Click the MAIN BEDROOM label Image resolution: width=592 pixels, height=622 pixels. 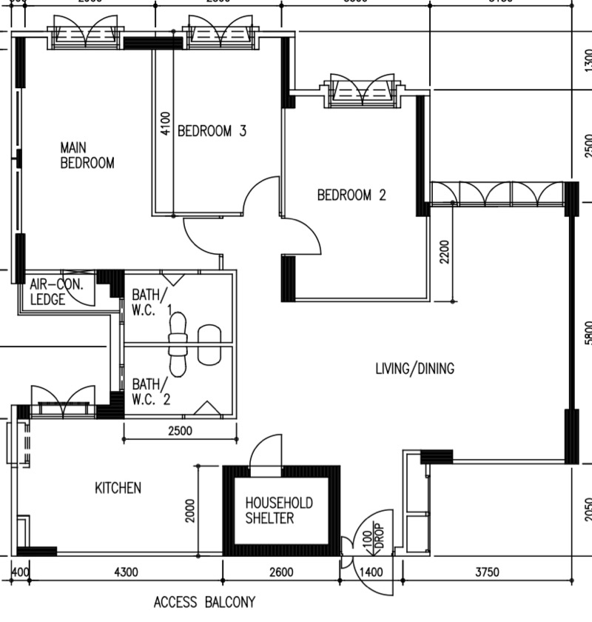[x=87, y=155]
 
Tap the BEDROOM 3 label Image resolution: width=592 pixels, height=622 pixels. [x=212, y=131]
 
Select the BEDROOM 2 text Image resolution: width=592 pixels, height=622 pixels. [x=351, y=195]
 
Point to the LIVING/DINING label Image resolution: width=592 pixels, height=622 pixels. [x=414, y=368]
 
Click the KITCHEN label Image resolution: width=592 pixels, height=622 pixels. [x=118, y=488]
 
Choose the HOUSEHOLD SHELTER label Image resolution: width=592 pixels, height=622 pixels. [x=279, y=510]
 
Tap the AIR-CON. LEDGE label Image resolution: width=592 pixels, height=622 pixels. [x=58, y=292]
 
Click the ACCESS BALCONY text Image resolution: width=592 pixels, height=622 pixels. [x=204, y=601]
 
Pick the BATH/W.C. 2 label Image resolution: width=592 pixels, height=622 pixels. [x=151, y=392]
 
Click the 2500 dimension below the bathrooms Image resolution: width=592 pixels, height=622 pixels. [x=180, y=431]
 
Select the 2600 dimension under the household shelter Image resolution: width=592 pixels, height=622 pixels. [x=281, y=572]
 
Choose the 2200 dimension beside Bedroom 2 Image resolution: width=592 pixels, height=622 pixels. [x=444, y=252]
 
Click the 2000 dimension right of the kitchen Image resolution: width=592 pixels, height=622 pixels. [x=190, y=510]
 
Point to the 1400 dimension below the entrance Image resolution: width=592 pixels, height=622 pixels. [x=371, y=572]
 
